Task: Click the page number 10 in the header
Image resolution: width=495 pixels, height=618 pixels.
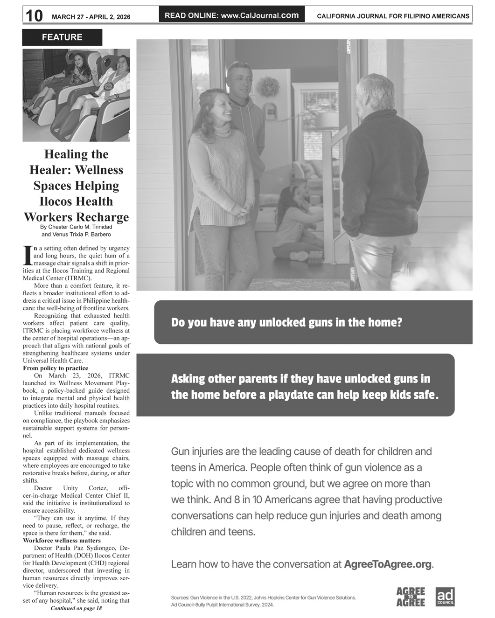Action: (34, 15)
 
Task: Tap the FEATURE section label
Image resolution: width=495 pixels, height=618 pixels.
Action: (62, 37)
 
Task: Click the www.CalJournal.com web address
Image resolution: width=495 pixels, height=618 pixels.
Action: (259, 15)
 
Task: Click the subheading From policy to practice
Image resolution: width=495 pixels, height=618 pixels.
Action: (56, 368)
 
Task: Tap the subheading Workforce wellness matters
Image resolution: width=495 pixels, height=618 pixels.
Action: (62, 541)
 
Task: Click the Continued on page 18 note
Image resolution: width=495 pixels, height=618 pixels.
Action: (76, 608)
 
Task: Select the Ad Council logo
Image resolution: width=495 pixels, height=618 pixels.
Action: (445, 597)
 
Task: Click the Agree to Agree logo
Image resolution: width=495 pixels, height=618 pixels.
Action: (411, 597)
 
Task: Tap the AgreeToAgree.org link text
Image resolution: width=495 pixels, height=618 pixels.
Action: (388, 564)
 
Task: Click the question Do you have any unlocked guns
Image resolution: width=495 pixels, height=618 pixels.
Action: (286, 322)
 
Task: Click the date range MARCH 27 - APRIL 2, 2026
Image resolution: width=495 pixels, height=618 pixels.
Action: (91, 17)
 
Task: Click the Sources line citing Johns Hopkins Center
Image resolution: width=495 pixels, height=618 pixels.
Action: (263, 597)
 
